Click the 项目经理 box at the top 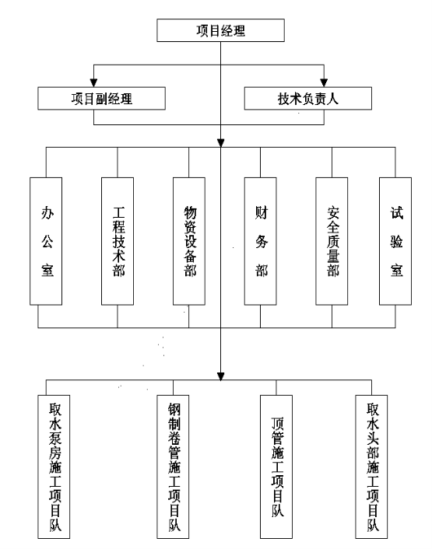pos(220,30)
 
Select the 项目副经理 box pos(102,99)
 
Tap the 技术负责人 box pos(308,99)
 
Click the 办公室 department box pos(46,241)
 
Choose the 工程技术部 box pos(118,241)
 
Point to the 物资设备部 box pos(189,241)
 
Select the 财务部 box pos(260,241)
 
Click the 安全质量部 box pos(332,241)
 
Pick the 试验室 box pos(395,241)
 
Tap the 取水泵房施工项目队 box pos(54,467)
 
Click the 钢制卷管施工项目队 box pos(173,467)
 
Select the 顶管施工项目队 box pos(276,467)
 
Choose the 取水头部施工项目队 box pos(371,467)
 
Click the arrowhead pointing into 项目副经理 pos(93,83)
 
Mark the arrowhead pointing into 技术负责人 pos(324,83)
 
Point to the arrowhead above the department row pos(221,143)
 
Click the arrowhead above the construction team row pos(221,376)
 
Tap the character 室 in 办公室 pos(47,271)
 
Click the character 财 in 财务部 pos(262,212)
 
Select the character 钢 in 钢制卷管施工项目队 pos(174,410)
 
